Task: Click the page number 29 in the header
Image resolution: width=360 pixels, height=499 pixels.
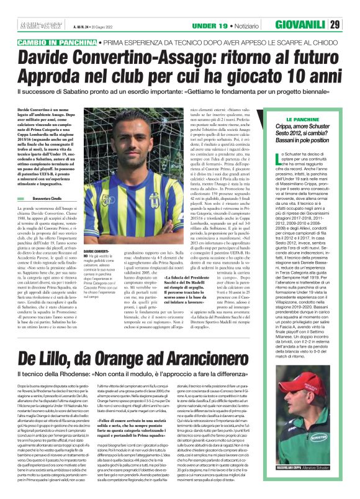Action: pos(351,8)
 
